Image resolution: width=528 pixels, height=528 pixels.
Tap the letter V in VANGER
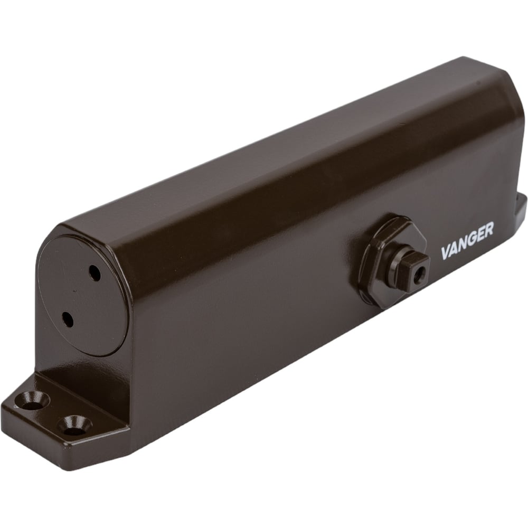(446, 252)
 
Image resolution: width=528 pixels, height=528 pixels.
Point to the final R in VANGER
(489, 230)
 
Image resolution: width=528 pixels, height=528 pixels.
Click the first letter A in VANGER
(453, 249)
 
